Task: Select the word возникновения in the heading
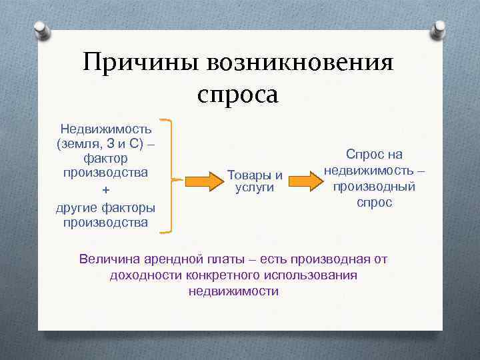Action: coord(301,65)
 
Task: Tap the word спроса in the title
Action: coord(237,94)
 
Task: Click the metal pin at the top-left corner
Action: coord(41,30)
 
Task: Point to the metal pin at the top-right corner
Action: coord(439,29)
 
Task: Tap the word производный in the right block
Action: coord(374,187)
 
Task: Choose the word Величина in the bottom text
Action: coord(107,259)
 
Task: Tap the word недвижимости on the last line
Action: coord(233,291)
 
